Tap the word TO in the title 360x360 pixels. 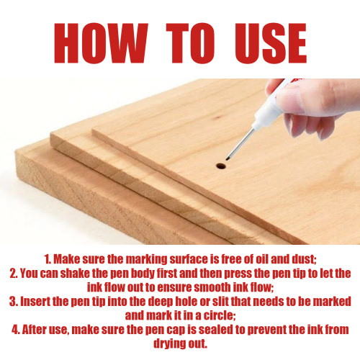190,43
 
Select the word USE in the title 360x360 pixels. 271,43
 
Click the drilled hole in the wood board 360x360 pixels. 221,166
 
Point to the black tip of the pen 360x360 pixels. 228,158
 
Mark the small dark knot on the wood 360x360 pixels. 217,118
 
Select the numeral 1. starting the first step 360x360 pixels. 48,259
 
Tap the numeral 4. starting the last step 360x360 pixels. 16,330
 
